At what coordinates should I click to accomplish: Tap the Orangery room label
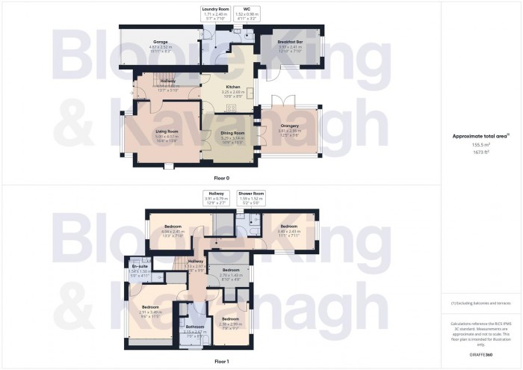(x=289, y=129)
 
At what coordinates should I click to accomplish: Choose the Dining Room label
(x=234, y=135)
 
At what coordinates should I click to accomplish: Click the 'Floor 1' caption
(x=222, y=361)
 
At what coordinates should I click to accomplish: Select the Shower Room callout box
(x=251, y=197)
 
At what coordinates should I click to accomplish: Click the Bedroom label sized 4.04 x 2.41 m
(x=173, y=229)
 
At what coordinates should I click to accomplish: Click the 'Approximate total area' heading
(x=480, y=135)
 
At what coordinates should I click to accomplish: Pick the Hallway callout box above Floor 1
(x=217, y=197)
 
